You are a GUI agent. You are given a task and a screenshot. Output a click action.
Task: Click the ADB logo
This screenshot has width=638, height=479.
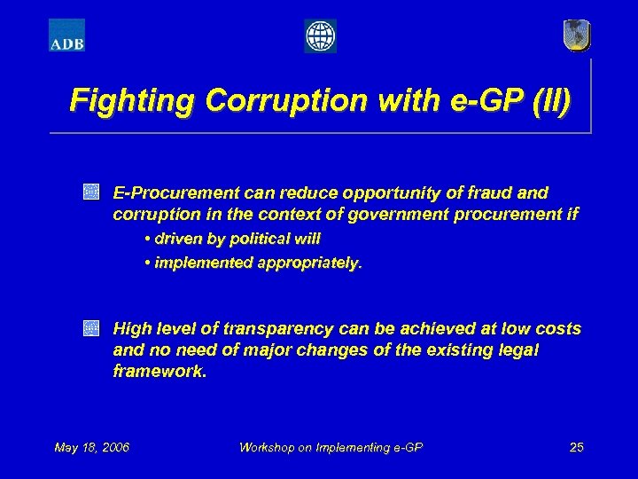pyautogui.click(x=66, y=35)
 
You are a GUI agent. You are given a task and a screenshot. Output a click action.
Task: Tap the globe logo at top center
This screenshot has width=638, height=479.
pyautogui.click(x=320, y=36)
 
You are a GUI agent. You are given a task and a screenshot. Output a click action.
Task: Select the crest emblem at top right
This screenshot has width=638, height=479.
pyautogui.click(x=576, y=35)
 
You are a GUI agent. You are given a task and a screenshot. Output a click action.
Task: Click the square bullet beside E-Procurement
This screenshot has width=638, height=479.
pyautogui.click(x=90, y=192)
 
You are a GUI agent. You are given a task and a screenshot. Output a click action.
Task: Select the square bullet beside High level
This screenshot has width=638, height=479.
pyautogui.click(x=90, y=328)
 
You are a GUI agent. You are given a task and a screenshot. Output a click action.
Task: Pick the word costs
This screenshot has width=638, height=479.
pyautogui.click(x=558, y=329)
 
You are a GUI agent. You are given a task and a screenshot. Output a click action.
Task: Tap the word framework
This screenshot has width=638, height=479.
pyautogui.click(x=159, y=372)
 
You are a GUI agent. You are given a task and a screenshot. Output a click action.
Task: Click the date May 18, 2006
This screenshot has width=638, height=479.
pyautogui.click(x=91, y=447)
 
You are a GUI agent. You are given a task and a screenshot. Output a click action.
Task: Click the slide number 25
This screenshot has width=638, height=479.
pyautogui.click(x=576, y=447)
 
